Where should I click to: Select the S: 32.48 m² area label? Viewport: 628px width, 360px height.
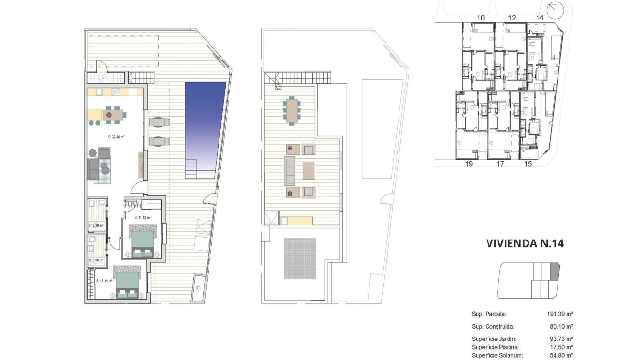[x=116, y=137]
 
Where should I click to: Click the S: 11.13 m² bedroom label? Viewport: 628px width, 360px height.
[x=142, y=217]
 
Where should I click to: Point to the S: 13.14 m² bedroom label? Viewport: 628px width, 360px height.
[x=104, y=281]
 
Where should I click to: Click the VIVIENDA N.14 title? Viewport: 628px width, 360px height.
[x=525, y=243]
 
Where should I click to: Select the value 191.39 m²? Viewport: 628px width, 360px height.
[x=560, y=314]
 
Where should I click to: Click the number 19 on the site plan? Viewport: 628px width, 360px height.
[x=469, y=164]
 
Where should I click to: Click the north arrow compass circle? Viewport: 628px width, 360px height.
[x=554, y=9]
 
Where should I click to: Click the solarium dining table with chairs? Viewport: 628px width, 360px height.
[x=291, y=110]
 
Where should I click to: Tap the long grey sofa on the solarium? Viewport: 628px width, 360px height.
[x=289, y=170]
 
